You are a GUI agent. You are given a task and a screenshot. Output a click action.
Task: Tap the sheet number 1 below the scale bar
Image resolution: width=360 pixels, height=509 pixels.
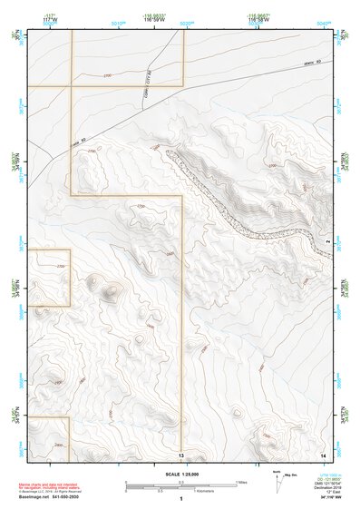tap(181, 498)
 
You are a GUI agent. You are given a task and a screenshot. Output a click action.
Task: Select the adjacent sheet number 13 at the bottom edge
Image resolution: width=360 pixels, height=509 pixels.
tap(181, 455)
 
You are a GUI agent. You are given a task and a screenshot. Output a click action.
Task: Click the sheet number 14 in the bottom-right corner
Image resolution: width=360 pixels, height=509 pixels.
tap(322, 453)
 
